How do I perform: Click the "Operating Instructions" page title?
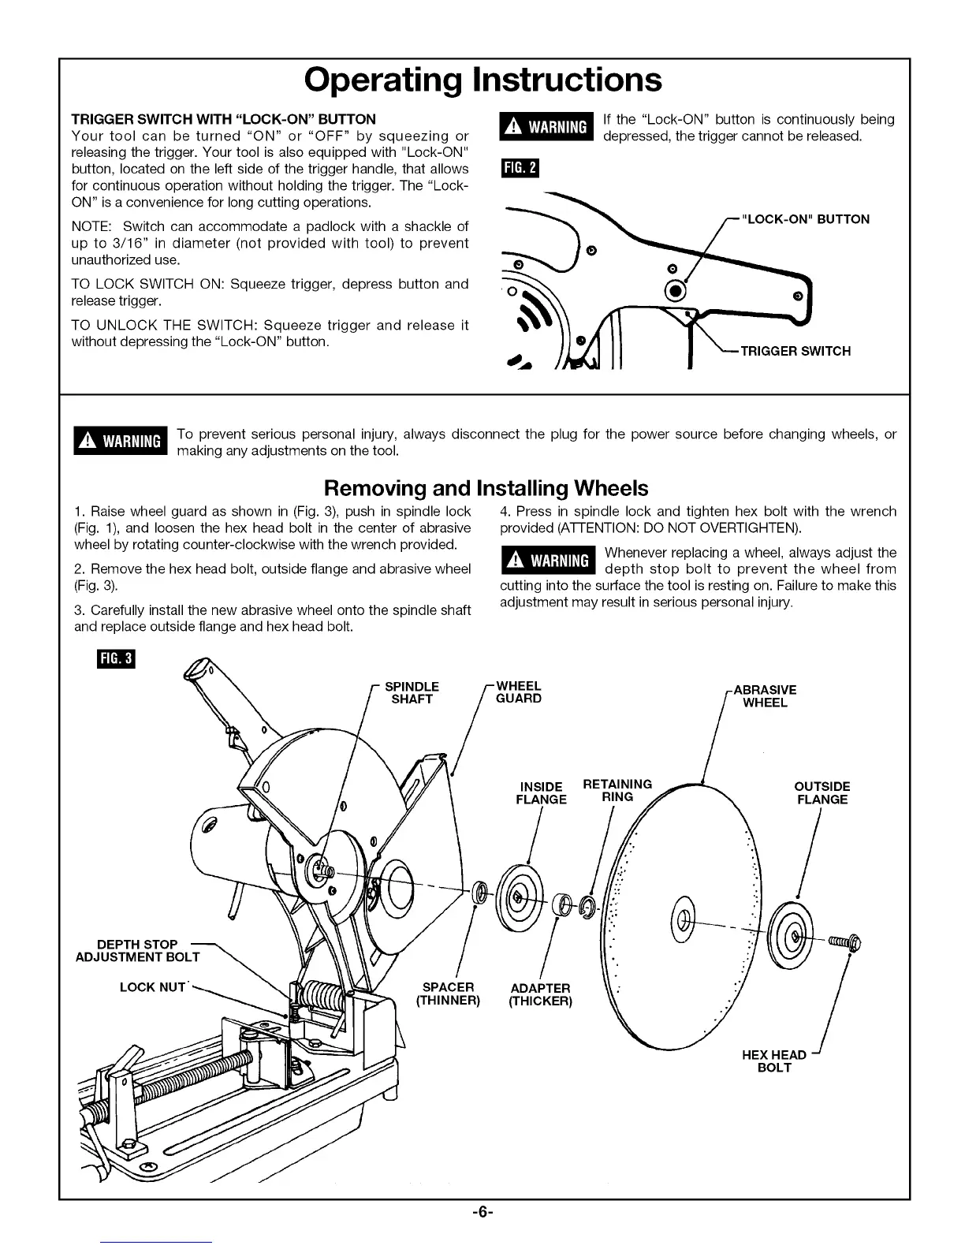pos(482,80)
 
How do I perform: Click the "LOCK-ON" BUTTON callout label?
pos(806,219)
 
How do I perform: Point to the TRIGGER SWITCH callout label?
pos(795,351)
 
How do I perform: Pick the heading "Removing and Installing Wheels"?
pos(486,488)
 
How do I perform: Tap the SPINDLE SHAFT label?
pos(412,692)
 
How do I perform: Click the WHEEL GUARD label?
pos(518,692)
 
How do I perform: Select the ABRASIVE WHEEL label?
pos(765,695)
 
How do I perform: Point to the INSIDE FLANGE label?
pos(541,792)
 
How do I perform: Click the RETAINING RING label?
pos(617,790)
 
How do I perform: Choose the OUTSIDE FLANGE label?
pos(822,792)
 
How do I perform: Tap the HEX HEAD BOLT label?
pos(773,1061)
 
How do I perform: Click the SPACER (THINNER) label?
pos(448,994)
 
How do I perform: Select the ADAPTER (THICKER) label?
pos(540,994)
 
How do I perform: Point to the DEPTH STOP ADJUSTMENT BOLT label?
pos(138,950)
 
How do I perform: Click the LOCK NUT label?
pos(152,986)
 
